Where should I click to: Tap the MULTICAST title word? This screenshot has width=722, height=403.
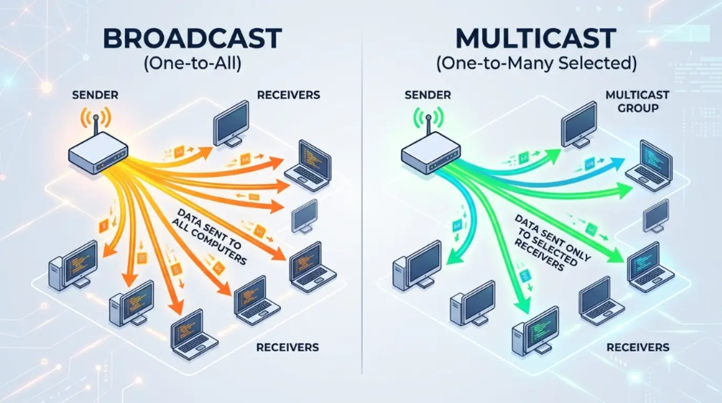pyautogui.click(x=535, y=39)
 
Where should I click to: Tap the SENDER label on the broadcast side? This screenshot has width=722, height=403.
pyautogui.click(x=95, y=95)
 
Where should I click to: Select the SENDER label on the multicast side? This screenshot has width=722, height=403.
pyautogui.click(x=428, y=95)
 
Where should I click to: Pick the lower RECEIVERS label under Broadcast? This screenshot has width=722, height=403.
pyautogui.click(x=288, y=347)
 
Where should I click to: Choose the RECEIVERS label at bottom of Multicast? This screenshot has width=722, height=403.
pyautogui.click(x=638, y=347)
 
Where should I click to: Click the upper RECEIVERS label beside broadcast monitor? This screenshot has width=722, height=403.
pyautogui.click(x=289, y=95)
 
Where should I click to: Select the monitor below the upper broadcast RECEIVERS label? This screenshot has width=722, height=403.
pyautogui.click(x=231, y=123)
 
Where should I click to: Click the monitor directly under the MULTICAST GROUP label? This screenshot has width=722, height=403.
pyautogui.click(x=579, y=125)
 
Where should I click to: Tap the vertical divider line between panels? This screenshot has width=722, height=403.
pyautogui.click(x=362, y=210)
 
